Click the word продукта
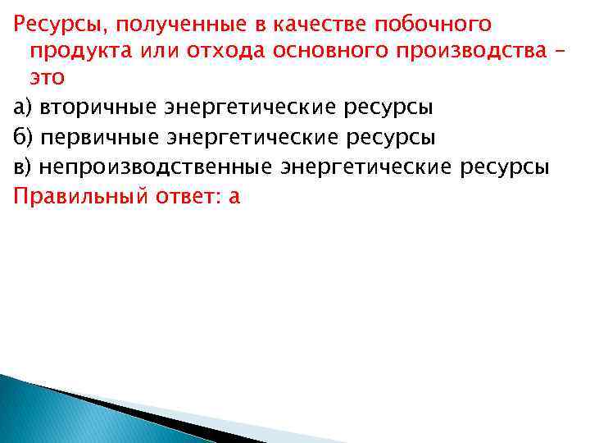click(x=75, y=52)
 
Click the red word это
click(x=48, y=80)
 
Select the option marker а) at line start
click(x=23, y=108)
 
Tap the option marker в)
click(x=23, y=167)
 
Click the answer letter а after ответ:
click(x=234, y=198)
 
